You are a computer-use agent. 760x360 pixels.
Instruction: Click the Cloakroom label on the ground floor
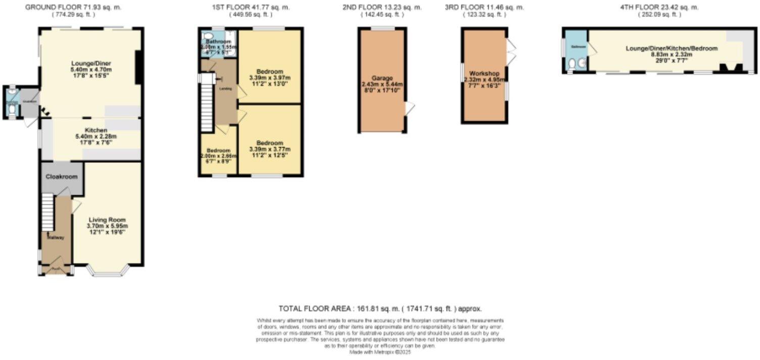pyautogui.click(x=62, y=177)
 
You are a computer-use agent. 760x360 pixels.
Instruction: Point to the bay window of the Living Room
pyautogui.click(x=108, y=274)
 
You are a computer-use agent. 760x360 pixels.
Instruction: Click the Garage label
pyautogui.click(x=382, y=78)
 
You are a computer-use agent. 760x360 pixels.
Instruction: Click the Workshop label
pyautogui.click(x=484, y=73)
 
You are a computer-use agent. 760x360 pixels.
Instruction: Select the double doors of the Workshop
pyautogui.click(x=512, y=52)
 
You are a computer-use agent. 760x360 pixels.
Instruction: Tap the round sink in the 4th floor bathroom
pyautogui.click(x=582, y=63)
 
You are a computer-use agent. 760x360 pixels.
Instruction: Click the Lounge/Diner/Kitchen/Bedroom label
pyautogui.click(x=672, y=48)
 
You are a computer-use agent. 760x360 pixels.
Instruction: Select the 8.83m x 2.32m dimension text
pyautogui.click(x=672, y=55)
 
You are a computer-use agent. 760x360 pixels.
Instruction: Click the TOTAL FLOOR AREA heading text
pyautogui.click(x=380, y=308)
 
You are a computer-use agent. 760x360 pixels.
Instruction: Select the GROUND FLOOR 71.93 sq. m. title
pyautogui.click(x=73, y=8)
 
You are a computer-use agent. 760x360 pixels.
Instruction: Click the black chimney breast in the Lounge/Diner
pyautogui.click(x=138, y=67)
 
